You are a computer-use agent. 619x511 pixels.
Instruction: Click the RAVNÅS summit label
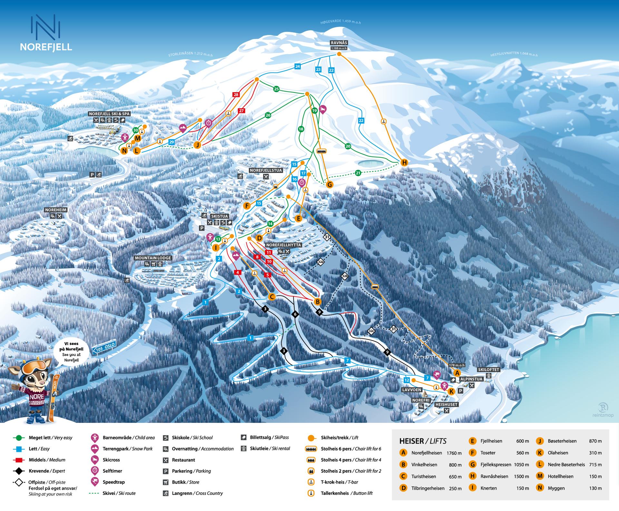[x=339, y=43]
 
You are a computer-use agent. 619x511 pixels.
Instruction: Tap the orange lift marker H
[x=404, y=163]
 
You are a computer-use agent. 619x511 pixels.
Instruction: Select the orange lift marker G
[x=329, y=185]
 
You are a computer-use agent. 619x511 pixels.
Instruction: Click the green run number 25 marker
[x=276, y=89]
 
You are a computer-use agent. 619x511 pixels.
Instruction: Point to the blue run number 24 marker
[x=298, y=67]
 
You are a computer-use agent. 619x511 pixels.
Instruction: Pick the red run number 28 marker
[x=236, y=95]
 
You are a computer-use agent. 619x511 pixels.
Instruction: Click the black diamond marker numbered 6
[x=295, y=314]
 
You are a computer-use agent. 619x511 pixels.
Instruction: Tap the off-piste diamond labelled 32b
[x=345, y=276]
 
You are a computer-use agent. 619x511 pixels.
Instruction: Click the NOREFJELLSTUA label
[x=266, y=170]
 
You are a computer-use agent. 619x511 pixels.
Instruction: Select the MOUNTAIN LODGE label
[x=153, y=258]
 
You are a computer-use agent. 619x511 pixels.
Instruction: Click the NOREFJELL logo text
[x=46, y=47]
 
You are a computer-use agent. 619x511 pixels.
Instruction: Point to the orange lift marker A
[x=457, y=373]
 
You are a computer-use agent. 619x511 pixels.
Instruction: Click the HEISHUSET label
[x=446, y=404]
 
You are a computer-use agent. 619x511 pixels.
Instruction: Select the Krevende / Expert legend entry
[x=46, y=471]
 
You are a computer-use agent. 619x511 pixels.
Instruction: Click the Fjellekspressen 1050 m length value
[x=521, y=465]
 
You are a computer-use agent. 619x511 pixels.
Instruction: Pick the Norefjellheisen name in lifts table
[x=426, y=453]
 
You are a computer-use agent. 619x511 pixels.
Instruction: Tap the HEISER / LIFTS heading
[x=423, y=441]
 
